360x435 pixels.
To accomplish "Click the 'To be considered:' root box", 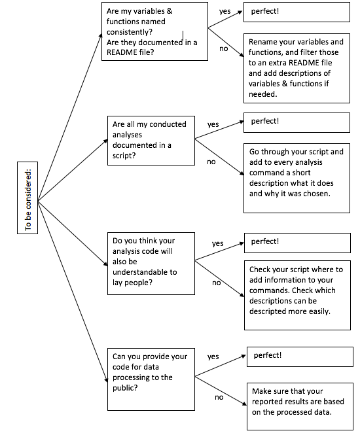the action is [x=27, y=198].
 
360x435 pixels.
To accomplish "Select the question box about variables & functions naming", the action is [x=154, y=31].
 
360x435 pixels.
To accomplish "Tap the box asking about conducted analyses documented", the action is [x=151, y=141].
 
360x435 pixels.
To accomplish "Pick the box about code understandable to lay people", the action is [x=151, y=264].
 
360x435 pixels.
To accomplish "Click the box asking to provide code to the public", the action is [x=151, y=379].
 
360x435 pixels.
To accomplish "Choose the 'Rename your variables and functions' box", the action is [x=297, y=68].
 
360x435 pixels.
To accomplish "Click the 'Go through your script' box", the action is [x=297, y=178].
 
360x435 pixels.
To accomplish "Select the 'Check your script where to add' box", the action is [x=297, y=295].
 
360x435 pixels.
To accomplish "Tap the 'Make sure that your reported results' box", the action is [x=300, y=406].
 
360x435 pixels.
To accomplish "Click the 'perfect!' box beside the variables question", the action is [x=297, y=12].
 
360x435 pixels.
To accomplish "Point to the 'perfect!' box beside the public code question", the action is [x=300, y=357].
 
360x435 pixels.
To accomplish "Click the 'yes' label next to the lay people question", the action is [x=217, y=243].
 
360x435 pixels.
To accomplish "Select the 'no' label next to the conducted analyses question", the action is [x=211, y=162].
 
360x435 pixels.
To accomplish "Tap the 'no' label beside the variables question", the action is [x=224, y=48].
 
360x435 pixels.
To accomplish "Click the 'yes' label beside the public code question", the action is [x=213, y=357].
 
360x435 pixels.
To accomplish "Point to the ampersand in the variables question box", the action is [x=170, y=11].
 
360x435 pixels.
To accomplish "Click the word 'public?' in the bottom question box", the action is [x=125, y=388].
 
